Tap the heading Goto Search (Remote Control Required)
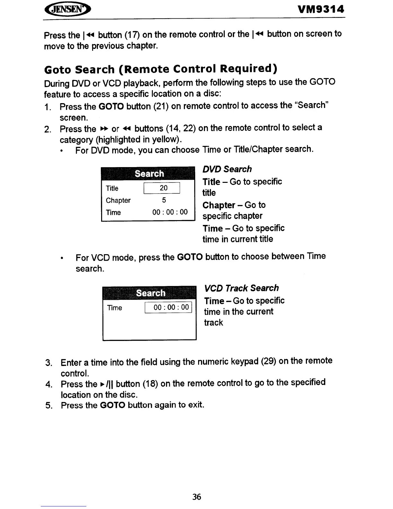[x=161, y=69]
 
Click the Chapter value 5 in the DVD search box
[x=164, y=200]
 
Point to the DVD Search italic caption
[x=227, y=169]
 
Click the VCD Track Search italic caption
[x=241, y=288]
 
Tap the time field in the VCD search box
[x=169, y=307]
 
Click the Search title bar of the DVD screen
[x=148, y=174]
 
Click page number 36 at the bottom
[x=197, y=497]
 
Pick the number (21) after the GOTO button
[x=161, y=106]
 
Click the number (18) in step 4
[x=150, y=384]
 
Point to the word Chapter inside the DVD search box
[x=118, y=201]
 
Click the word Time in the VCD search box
[x=114, y=308]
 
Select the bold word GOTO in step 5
[x=112, y=405]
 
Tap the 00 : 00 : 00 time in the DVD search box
[x=170, y=212]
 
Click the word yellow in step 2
[x=165, y=140]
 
